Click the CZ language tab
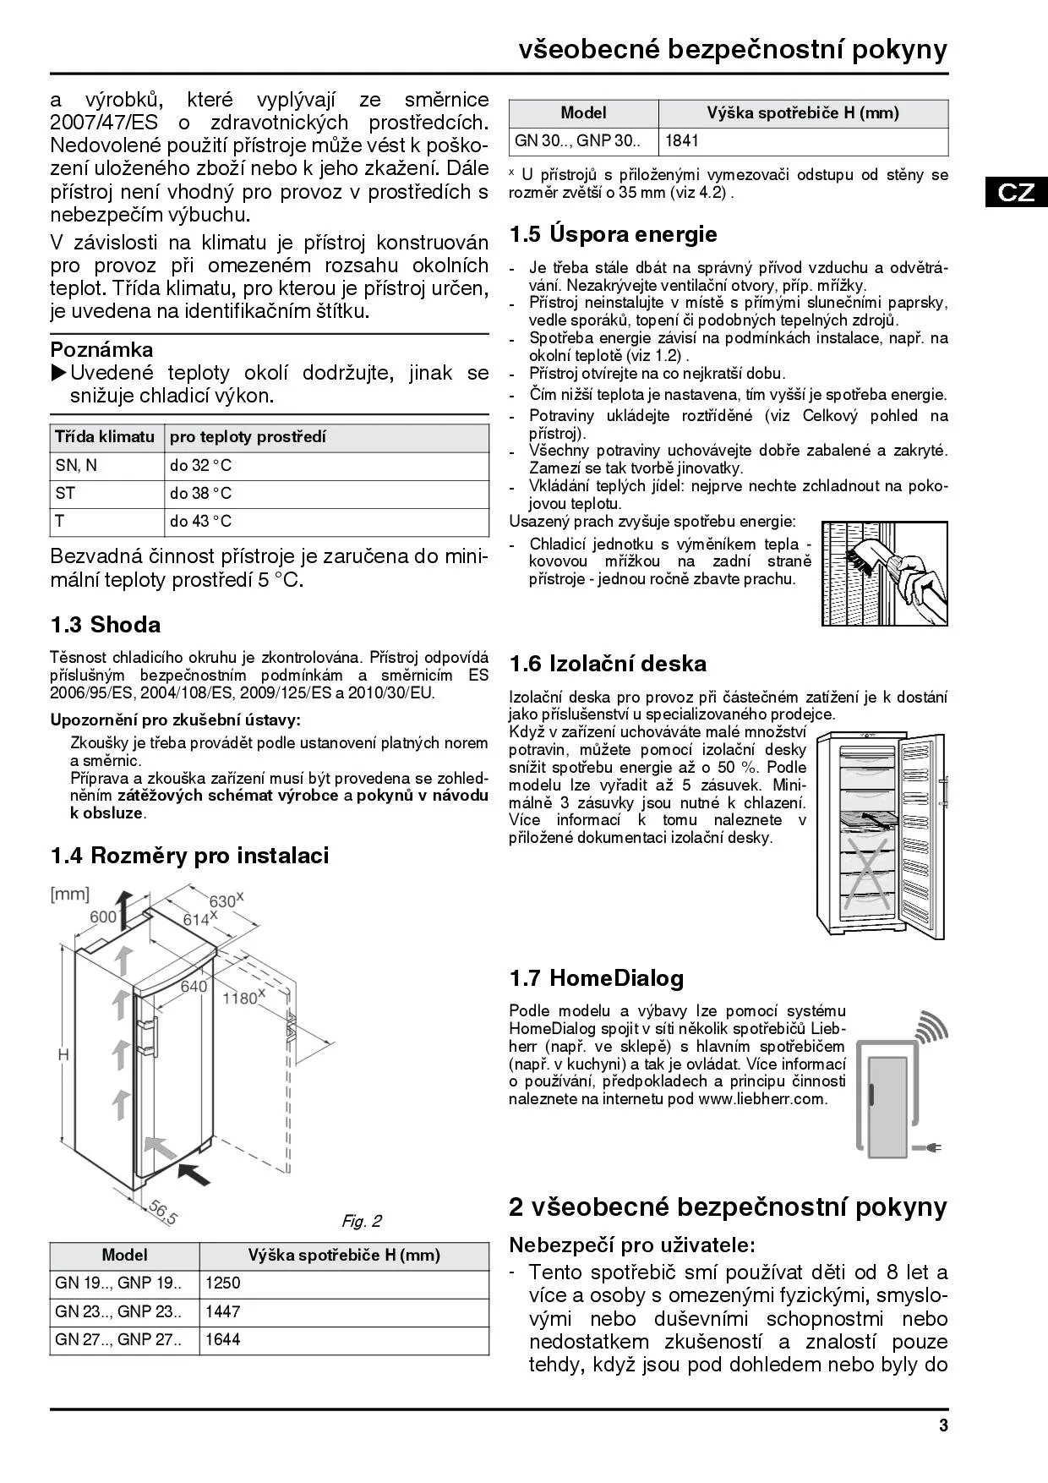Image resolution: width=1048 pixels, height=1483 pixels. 1016,192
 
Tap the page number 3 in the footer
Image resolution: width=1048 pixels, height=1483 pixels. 943,1426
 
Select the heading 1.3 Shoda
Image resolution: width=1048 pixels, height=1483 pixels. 106,625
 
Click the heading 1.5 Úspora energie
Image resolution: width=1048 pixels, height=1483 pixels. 613,234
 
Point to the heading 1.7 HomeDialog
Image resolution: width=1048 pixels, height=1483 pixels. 596,978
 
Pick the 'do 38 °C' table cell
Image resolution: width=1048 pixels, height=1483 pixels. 201,494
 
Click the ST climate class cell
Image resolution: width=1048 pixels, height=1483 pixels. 65,494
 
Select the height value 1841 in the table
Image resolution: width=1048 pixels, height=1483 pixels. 682,141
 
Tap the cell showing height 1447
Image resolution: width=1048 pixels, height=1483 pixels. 223,1311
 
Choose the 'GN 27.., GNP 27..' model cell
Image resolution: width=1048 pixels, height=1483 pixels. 118,1339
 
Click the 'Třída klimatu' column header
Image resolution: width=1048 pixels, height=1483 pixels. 105,437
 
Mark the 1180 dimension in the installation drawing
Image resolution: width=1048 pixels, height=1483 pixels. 241,998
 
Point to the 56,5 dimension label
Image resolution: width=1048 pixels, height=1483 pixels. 163,1212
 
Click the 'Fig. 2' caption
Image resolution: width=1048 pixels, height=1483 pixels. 362,1221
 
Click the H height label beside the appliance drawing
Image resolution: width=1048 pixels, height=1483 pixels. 63,1054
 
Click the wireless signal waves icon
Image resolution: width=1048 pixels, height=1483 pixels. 931,1026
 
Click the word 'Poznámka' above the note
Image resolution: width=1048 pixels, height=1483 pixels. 101,350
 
